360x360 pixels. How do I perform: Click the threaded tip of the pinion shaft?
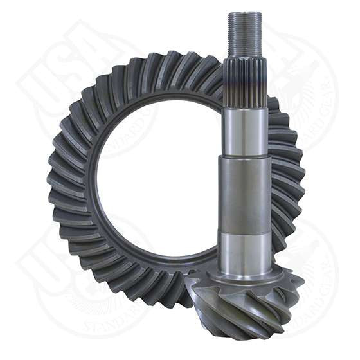click(245, 35)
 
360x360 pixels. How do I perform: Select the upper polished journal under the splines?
click(245, 132)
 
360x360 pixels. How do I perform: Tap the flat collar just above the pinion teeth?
click(244, 278)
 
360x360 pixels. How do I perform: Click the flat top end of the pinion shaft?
click(245, 13)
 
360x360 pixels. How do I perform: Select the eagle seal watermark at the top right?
click(302, 84)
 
